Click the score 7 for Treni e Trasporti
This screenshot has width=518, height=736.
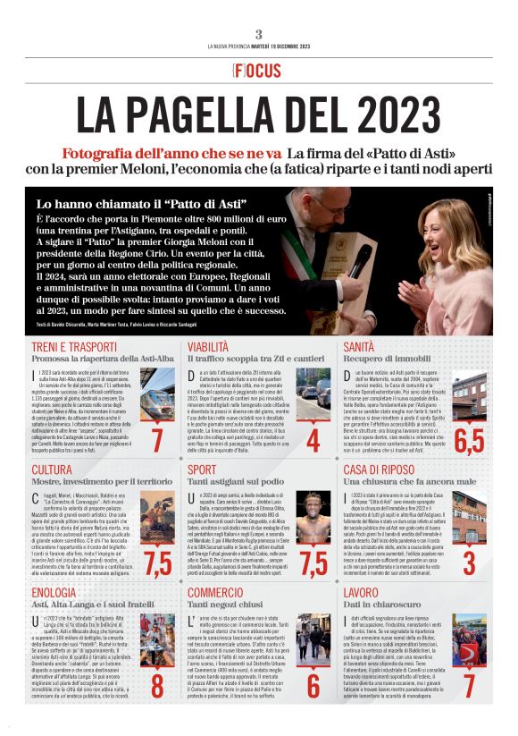(157, 440)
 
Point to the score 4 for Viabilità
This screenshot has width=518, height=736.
(313, 440)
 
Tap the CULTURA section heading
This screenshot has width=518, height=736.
(52, 470)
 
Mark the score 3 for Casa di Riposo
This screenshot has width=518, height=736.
(469, 563)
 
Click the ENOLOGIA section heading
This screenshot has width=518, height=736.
(54, 592)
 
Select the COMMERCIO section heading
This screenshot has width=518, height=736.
(216, 592)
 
